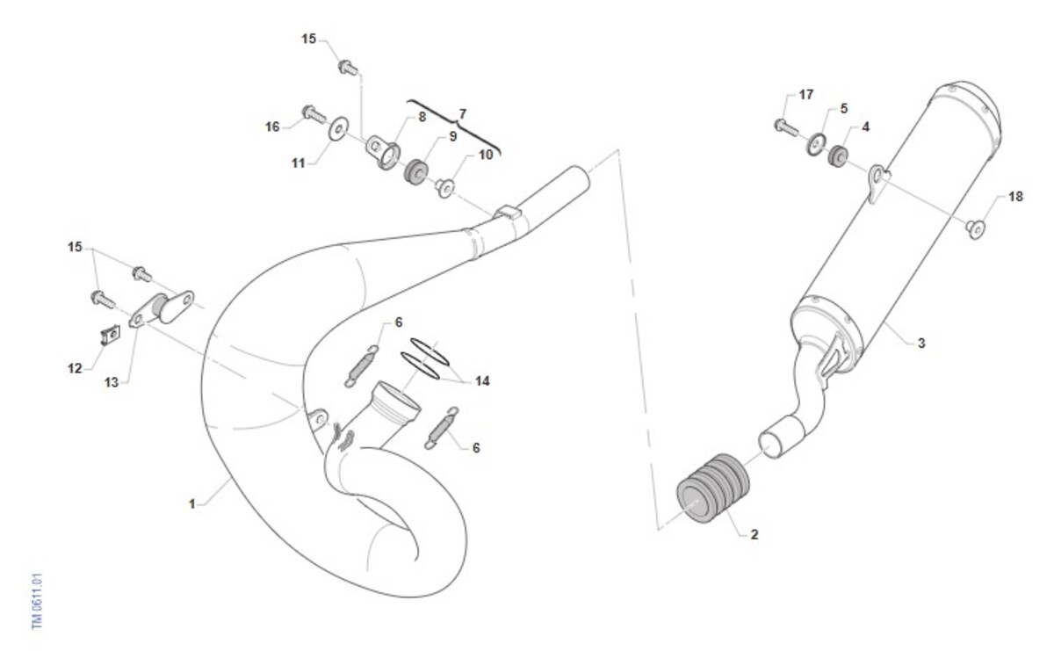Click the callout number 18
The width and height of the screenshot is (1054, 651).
[1015, 196]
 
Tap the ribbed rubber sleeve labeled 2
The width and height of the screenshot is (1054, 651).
[713, 488]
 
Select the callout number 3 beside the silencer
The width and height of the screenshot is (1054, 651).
[921, 344]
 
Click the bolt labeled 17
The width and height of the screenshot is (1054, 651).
[786, 127]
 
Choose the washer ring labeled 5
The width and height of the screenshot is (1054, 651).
[816, 144]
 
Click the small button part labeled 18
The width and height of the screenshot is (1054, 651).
[976, 229]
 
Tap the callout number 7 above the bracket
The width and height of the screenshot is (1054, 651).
[463, 113]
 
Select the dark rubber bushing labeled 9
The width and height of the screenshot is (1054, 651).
[416, 172]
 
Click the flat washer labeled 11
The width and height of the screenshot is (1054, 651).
[338, 128]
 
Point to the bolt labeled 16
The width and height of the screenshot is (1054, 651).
[314, 114]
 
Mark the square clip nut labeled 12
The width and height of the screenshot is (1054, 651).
[110, 335]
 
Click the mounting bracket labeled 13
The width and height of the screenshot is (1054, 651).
[162, 308]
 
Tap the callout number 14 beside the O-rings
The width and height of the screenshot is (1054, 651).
[482, 380]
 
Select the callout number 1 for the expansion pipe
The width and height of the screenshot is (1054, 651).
[192, 504]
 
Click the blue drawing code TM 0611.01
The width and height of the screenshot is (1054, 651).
[37, 601]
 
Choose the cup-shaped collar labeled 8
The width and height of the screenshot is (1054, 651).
[383, 152]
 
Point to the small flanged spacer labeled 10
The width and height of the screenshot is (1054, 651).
[444, 188]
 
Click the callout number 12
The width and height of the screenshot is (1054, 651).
[75, 368]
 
